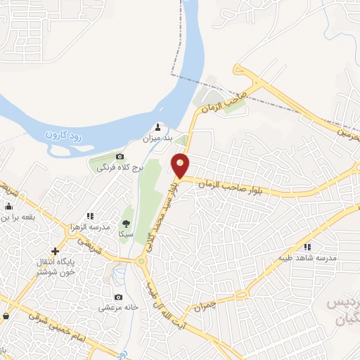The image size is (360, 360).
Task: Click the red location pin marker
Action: click(181, 165)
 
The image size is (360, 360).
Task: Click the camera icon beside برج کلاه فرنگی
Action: click(120, 156)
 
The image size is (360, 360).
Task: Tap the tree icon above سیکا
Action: click(127, 213)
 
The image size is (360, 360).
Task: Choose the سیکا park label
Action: click(127, 232)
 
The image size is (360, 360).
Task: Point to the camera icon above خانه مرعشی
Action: click(117, 297)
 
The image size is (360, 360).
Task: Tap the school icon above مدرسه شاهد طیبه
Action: click(308, 246)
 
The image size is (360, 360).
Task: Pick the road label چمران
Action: click(219, 301)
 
